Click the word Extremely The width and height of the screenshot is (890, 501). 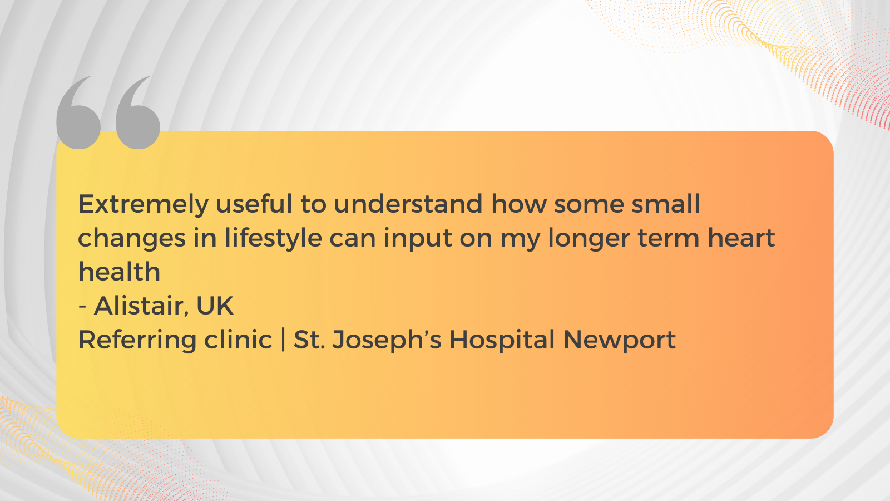point(144,205)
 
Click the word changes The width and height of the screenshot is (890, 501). point(132,239)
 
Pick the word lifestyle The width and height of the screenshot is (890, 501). point(273,239)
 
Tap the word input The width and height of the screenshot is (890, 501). point(418,239)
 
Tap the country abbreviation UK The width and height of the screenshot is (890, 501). point(215,306)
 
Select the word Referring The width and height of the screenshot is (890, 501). point(137,341)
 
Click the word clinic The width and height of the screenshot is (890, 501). point(238,340)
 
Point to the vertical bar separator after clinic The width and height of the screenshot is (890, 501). point(283,340)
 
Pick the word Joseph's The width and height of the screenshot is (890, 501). point(386,341)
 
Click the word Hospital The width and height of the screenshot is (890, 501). point(502,341)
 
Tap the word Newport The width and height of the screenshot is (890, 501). point(620,341)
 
